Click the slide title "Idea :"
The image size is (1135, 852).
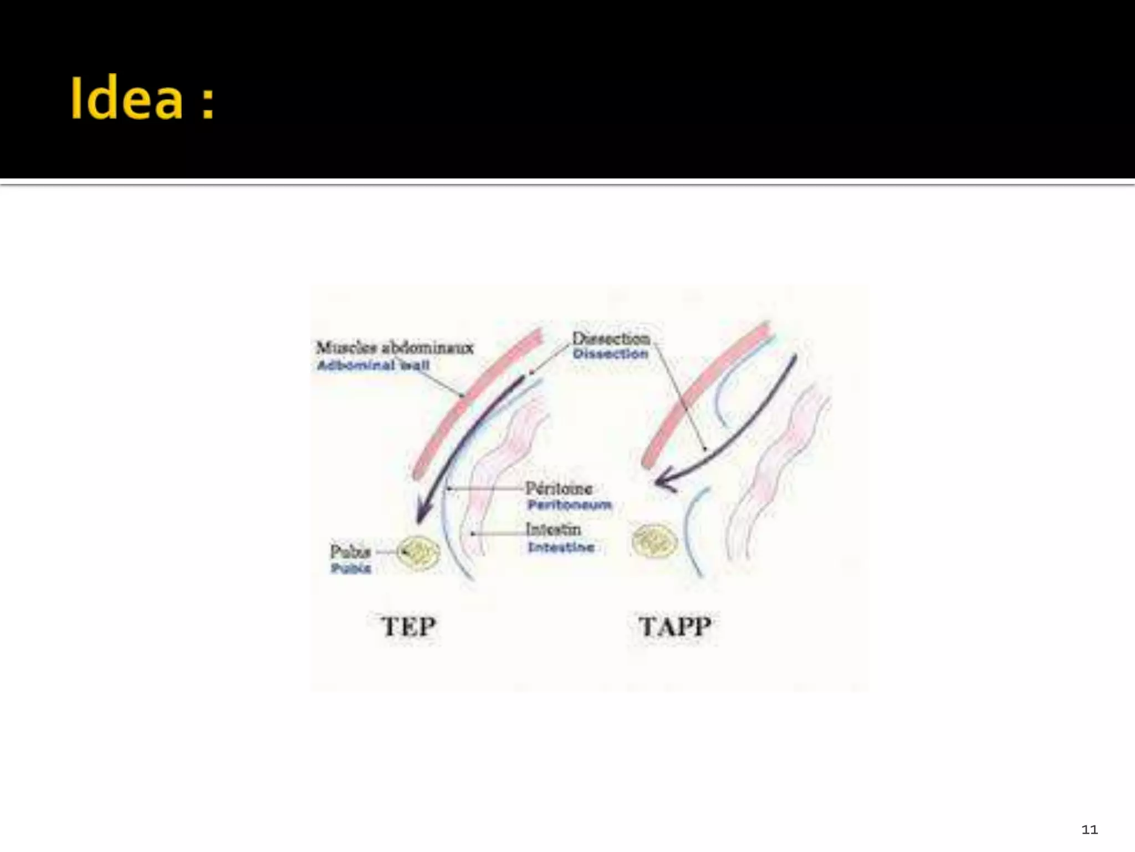[142, 99]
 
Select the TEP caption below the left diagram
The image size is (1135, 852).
[408, 627]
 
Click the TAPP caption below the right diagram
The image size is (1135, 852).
[674, 627]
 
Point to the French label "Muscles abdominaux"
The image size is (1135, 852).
[395, 348]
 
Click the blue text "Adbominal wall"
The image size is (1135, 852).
[373, 366]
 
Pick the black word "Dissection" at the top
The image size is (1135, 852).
[611, 338]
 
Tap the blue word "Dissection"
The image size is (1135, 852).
[610, 354]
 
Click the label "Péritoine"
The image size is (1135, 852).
[559, 489]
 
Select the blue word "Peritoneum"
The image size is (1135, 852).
[569, 505]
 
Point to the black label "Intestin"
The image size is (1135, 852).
[553, 529]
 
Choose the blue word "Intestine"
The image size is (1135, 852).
[561, 547]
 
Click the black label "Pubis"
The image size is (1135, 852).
[350, 551]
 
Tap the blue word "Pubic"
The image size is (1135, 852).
[351, 569]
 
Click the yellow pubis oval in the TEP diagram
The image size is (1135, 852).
[419, 552]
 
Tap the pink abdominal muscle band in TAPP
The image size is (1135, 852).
[704, 394]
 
